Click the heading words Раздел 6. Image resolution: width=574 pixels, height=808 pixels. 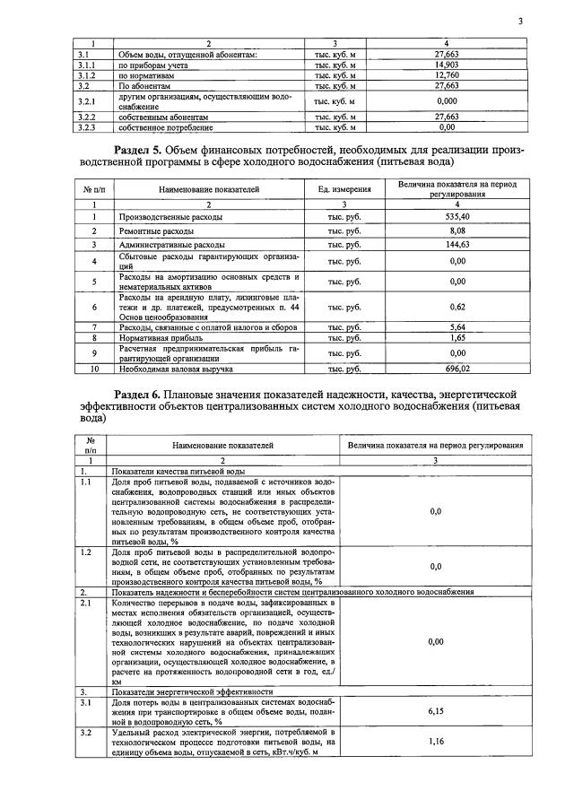coord(143,394)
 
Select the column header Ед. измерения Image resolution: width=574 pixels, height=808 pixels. coord(344,190)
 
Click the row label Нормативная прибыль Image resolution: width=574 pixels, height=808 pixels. coord(154,338)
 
